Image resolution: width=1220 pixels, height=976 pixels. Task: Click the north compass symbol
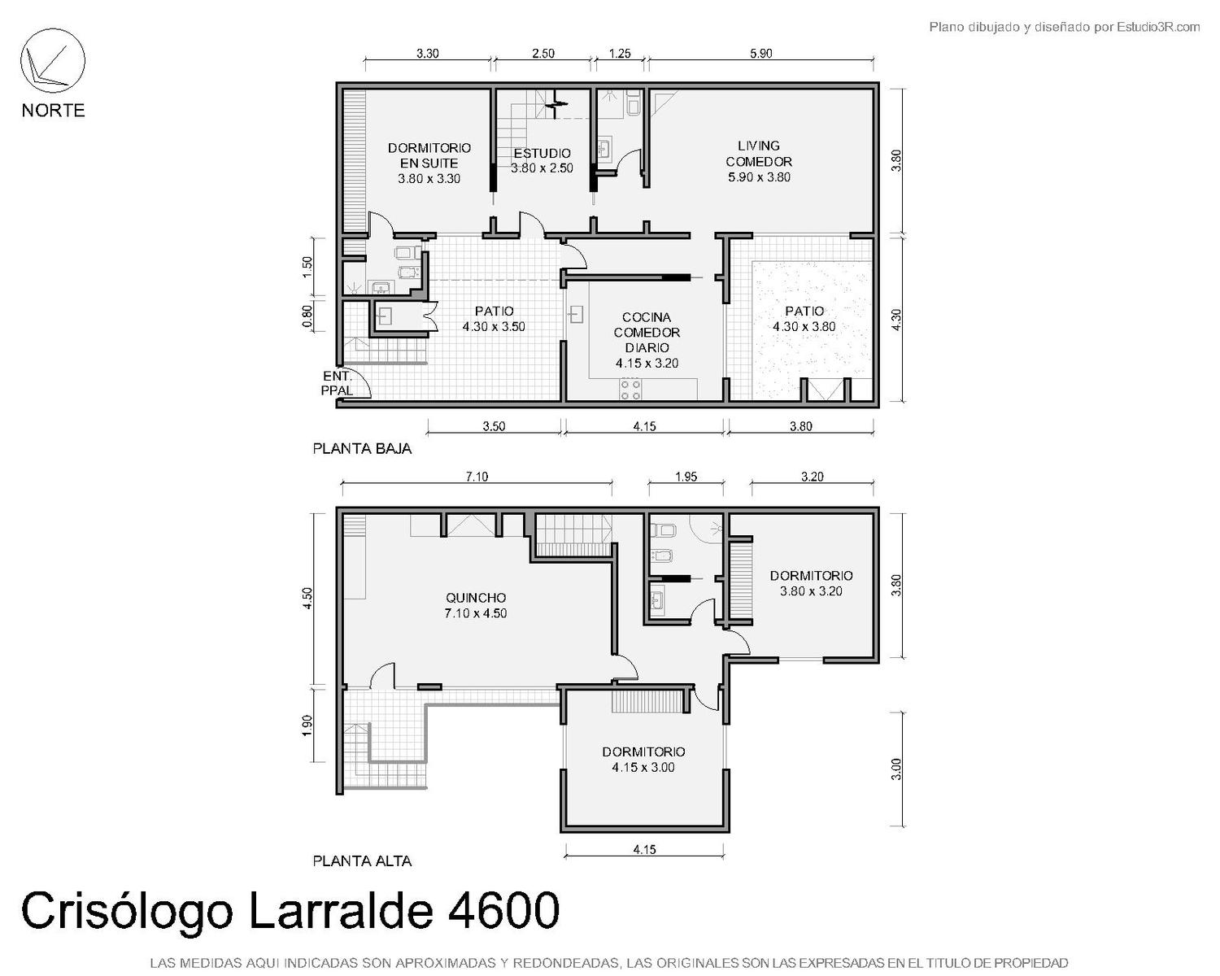pos(53,61)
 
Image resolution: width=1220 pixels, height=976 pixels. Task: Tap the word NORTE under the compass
pos(54,110)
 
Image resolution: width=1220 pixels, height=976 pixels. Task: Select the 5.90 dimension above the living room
pos(760,54)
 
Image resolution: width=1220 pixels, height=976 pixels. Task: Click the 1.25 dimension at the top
pos(620,54)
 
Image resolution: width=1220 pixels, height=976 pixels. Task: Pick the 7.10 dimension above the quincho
pos(477,477)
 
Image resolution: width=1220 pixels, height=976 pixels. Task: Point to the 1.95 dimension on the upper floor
pos(686,477)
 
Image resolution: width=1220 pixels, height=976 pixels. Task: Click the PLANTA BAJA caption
pos(362,449)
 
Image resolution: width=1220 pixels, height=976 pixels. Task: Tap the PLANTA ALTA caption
pos(362,861)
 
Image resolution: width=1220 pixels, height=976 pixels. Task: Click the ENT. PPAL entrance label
pos(338,383)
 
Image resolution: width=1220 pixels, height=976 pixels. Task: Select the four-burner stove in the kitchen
pos(630,389)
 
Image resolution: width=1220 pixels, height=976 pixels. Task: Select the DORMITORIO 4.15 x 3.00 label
pos(643,760)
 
